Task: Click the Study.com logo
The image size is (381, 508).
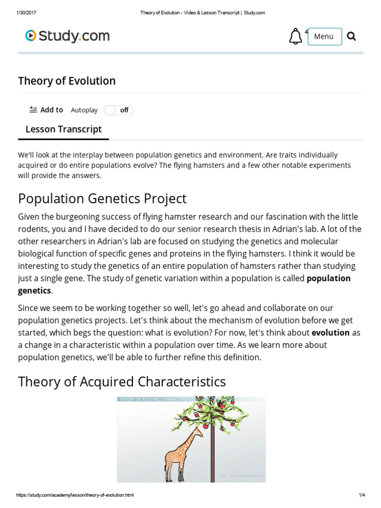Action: pyautogui.click(x=67, y=36)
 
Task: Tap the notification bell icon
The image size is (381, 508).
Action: pyautogui.click(x=295, y=36)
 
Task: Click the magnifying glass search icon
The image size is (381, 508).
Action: pyautogui.click(x=352, y=36)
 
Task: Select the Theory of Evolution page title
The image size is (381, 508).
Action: pyautogui.click(x=67, y=81)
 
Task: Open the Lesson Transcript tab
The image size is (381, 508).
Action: pyautogui.click(x=63, y=129)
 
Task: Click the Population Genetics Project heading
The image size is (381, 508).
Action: pyautogui.click(x=102, y=198)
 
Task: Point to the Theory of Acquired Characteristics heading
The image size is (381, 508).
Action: pyautogui.click(x=122, y=381)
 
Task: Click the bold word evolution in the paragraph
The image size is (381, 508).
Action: pyautogui.click(x=330, y=332)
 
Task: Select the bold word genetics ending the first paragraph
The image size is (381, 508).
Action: pyautogui.click(x=34, y=290)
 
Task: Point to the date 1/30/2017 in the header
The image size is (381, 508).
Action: pyautogui.click(x=26, y=13)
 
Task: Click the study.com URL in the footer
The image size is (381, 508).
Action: pyautogui.click(x=75, y=496)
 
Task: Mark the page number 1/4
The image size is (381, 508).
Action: pyautogui.click(x=361, y=496)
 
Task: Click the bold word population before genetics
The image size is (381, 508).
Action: pyautogui.click(x=328, y=278)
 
